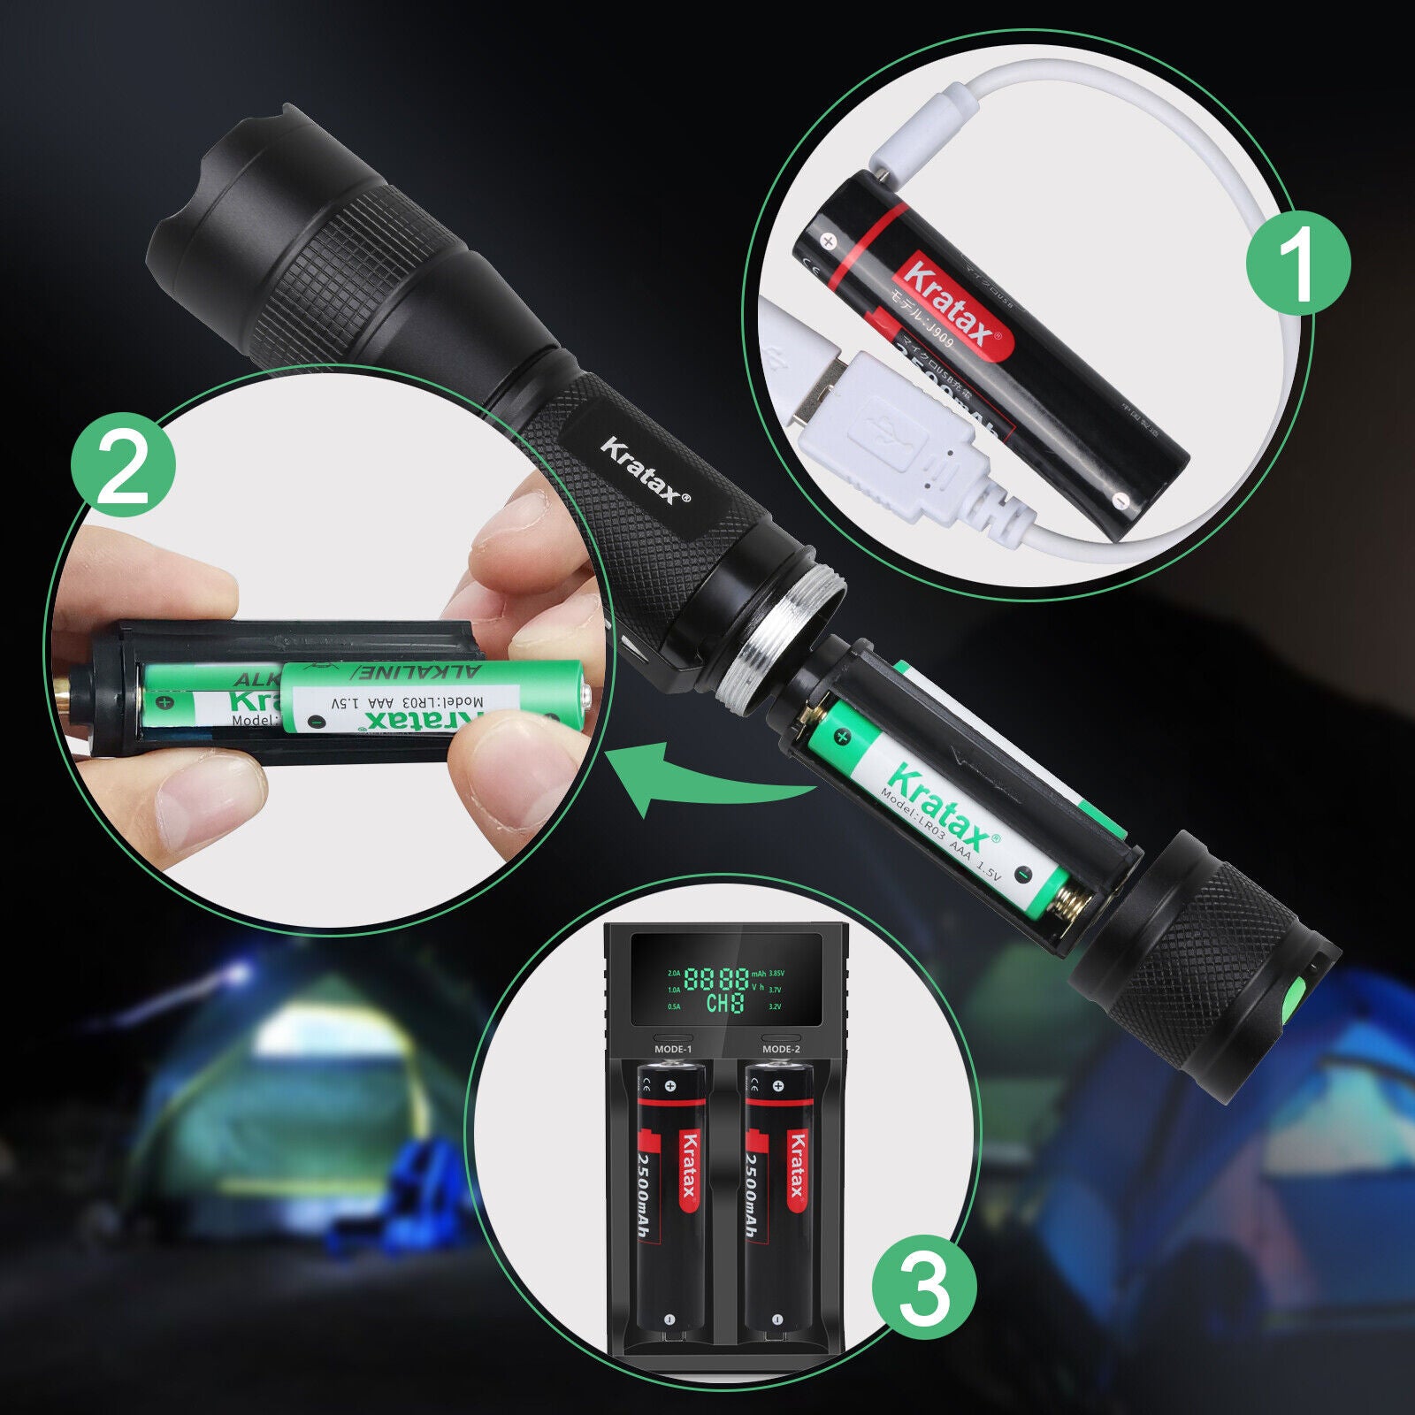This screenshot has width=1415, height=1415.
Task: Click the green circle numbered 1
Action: (1297, 262)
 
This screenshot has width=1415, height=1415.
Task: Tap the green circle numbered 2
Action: (123, 465)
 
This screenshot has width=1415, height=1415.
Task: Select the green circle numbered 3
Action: (924, 1288)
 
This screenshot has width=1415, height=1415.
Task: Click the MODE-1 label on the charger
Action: (672, 1049)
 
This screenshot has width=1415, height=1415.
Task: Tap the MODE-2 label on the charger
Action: (781, 1049)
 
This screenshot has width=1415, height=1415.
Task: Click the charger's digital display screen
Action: (725, 989)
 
